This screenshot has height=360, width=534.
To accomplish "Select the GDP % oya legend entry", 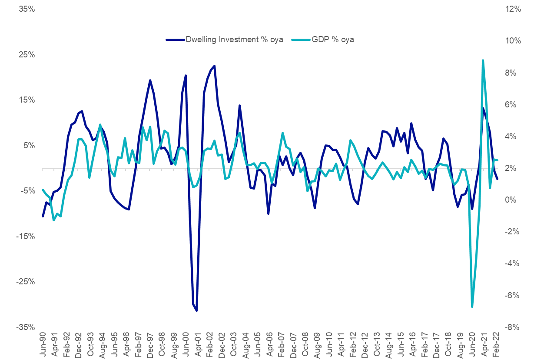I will coord(333,40).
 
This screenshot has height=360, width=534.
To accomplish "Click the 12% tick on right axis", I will coord(512,9).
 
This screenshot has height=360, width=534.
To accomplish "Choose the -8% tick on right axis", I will coord(512,327).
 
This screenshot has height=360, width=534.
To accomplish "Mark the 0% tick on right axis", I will coord(512,200).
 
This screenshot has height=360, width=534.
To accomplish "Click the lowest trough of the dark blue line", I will coord(196,310).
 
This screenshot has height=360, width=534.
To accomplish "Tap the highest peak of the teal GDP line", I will coord(483,60).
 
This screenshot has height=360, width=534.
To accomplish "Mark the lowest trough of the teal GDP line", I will coord(472,307).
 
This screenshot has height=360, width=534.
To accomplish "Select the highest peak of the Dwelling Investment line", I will coord(215,66).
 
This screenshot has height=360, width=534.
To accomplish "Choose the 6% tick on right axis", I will coord(512,104).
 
